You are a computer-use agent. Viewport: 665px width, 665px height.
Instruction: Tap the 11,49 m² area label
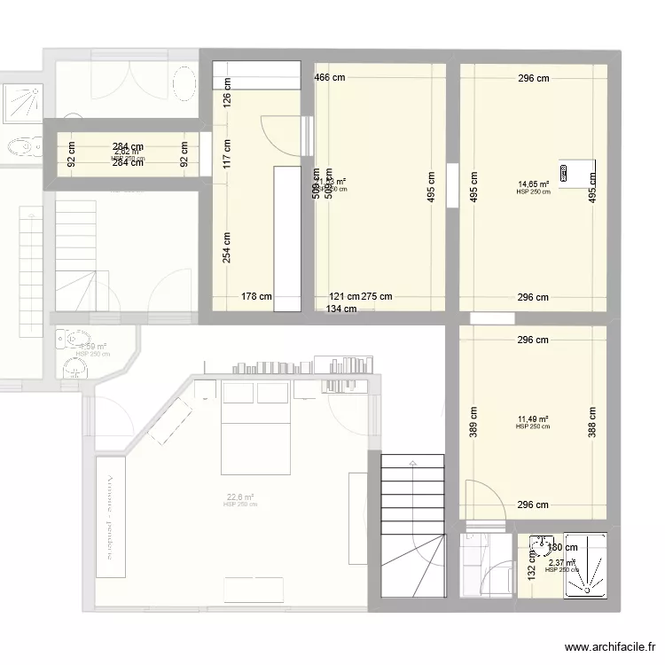(533, 420)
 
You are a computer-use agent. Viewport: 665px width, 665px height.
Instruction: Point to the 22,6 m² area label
(240, 498)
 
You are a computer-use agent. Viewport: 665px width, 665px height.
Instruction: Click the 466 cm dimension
(330, 78)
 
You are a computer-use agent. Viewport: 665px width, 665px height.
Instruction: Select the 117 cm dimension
(227, 155)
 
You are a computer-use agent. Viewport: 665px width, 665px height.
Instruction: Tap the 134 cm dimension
(340, 309)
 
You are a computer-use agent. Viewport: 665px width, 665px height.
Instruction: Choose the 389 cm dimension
(473, 422)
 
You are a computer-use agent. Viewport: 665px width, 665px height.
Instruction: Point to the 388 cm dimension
(591, 422)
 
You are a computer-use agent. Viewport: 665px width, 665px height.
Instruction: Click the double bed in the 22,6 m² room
(255, 431)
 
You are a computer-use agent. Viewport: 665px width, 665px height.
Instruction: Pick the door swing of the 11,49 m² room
(485, 497)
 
